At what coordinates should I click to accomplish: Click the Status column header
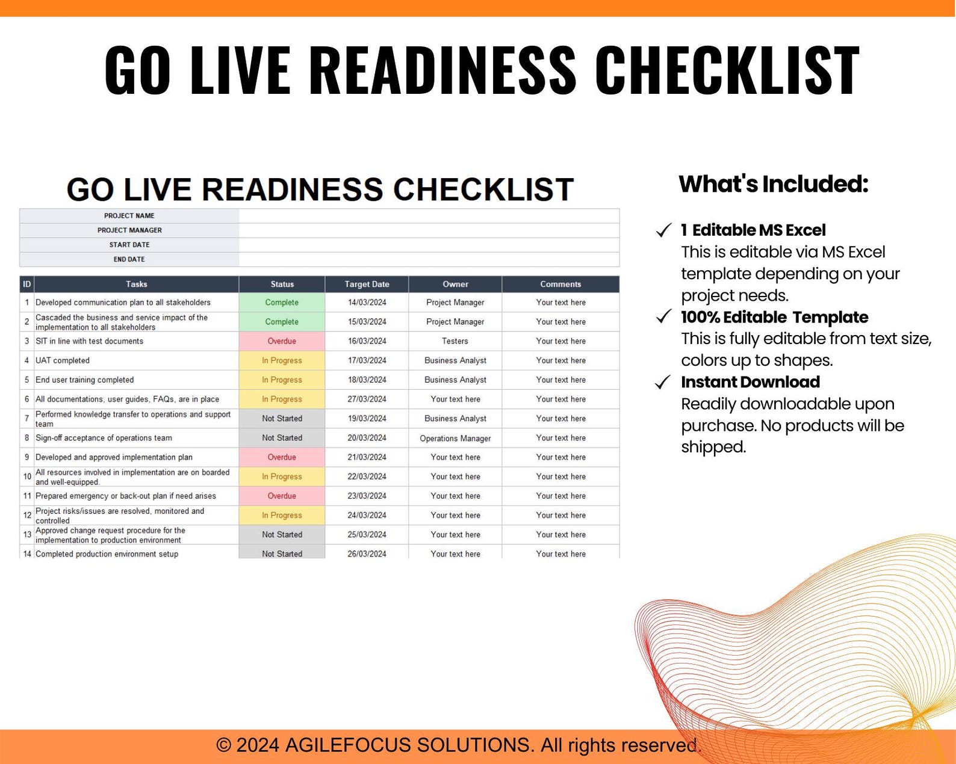click(282, 284)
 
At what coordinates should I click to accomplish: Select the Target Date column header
click(367, 284)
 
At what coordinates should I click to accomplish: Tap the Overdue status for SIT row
click(282, 341)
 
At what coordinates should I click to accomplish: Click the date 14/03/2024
click(367, 303)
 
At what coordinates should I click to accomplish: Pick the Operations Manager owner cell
click(455, 439)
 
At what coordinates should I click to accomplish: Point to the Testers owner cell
click(455, 341)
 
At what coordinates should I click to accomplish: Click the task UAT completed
click(63, 360)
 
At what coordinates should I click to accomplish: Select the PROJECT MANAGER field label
click(129, 230)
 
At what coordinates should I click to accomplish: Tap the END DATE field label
click(129, 259)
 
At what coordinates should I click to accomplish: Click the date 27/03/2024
click(367, 399)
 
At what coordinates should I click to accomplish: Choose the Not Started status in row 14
click(282, 553)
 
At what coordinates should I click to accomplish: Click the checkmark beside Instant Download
click(663, 383)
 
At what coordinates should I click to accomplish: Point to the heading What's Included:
click(773, 184)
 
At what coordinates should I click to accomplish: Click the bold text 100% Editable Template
click(774, 317)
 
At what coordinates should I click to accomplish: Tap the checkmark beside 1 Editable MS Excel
click(663, 230)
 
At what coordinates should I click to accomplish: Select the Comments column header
click(560, 284)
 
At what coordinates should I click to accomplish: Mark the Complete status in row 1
click(282, 303)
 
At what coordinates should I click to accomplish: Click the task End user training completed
click(85, 380)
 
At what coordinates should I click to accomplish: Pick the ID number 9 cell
click(27, 457)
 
